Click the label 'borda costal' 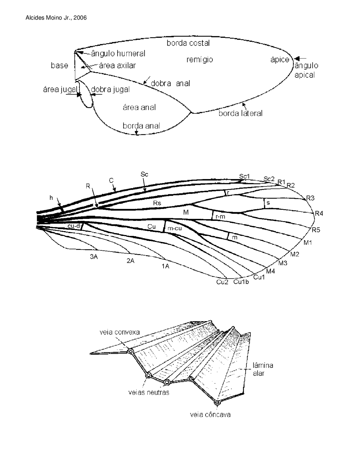pyautogui.click(x=188, y=43)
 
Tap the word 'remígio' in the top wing pyautogui.click(x=200, y=59)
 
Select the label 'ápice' pyautogui.click(x=280, y=60)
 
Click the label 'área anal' pyautogui.click(x=139, y=107)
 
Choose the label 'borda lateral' pyautogui.click(x=240, y=113)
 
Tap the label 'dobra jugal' pyautogui.click(x=111, y=89)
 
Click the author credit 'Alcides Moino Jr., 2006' pyautogui.click(x=56, y=18)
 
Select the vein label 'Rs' pyautogui.click(x=157, y=203)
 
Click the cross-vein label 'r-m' pyautogui.click(x=220, y=217)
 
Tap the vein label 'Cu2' pyautogui.click(x=222, y=282)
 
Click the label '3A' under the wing pyautogui.click(x=94, y=257)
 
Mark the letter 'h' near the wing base pyautogui.click(x=51, y=198)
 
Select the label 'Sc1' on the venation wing pyautogui.click(x=244, y=176)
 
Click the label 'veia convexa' pyautogui.click(x=120, y=332)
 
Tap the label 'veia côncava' pyautogui.click(x=210, y=415)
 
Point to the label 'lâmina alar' pyautogui.click(x=263, y=369)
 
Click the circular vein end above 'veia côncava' pyautogui.click(x=217, y=402)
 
